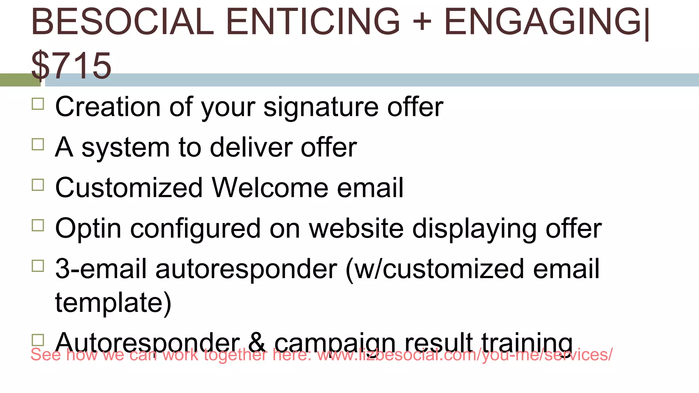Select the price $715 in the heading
point(71,65)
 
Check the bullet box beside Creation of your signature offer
point(38,104)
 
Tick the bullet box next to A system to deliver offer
point(38,144)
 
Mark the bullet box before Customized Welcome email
point(38,185)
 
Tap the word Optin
point(88,228)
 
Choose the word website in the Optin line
point(356,228)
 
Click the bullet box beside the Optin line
point(38,225)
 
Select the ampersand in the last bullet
point(257,342)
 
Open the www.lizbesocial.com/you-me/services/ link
point(465,355)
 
